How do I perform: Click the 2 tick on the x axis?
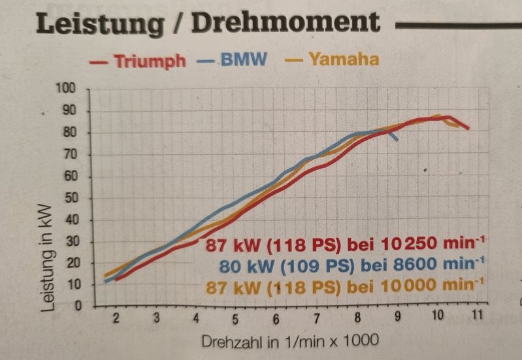[116, 318]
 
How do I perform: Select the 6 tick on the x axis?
[276, 319]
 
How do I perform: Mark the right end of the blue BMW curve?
[397, 140]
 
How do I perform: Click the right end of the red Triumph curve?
[468, 129]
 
